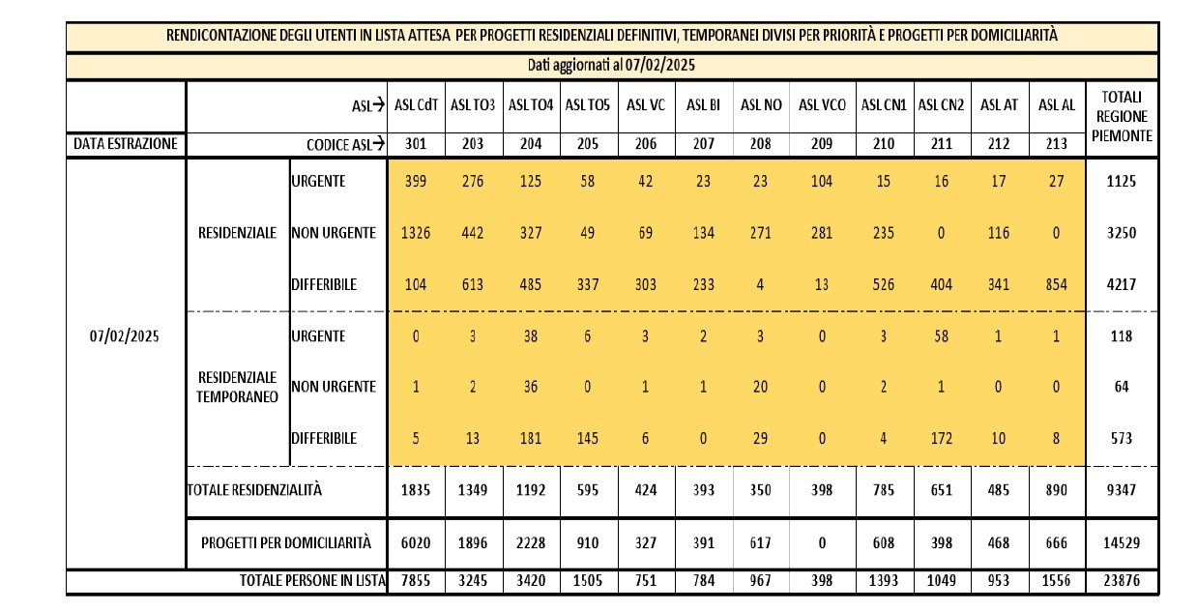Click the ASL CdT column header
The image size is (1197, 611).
416,104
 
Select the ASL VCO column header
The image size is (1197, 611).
822,104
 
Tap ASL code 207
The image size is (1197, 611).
703,144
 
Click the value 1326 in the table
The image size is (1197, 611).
416,233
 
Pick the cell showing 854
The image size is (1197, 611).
1056,284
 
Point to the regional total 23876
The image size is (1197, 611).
1122,581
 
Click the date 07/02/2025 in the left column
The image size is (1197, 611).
125,335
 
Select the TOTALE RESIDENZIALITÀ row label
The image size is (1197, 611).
255,490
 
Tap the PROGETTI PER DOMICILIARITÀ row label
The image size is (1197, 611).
286,542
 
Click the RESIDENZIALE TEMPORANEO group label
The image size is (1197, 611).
237,388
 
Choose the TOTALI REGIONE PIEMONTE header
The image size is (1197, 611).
1122,116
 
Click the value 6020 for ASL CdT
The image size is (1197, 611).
416,543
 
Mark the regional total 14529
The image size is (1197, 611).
1122,543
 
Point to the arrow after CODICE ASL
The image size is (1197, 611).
378,144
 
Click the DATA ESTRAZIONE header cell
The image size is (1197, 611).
126,144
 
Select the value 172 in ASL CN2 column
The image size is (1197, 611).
941,439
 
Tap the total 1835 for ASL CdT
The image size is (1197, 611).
416,490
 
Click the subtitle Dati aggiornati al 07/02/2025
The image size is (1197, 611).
611,65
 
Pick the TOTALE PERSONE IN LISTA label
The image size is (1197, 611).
312,581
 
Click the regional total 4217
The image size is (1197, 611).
1122,284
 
